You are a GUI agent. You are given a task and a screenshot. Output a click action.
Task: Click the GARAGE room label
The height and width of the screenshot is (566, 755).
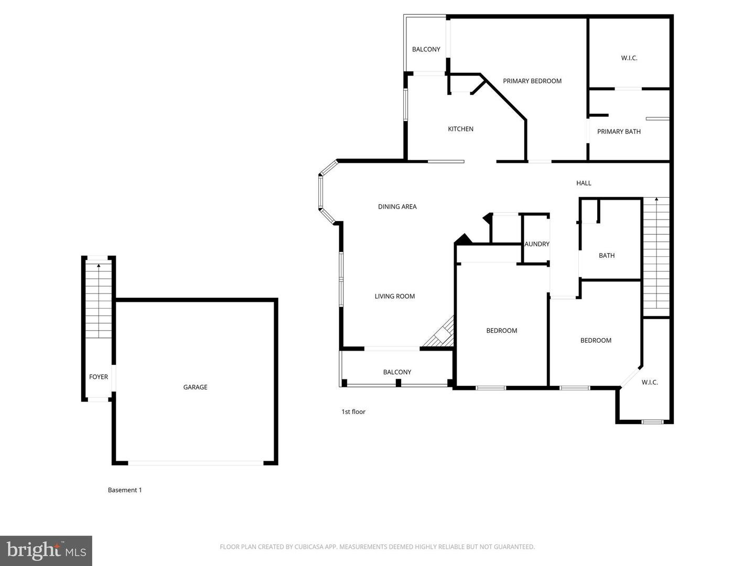(195, 387)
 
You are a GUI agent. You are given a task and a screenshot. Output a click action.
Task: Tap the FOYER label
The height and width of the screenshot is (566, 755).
(99, 377)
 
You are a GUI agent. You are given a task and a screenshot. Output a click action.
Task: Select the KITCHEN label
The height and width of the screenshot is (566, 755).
(460, 129)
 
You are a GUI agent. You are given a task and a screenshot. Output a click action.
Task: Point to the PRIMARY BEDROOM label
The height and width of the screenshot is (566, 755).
(532, 81)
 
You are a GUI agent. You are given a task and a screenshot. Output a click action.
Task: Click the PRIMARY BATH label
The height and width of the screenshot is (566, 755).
(619, 131)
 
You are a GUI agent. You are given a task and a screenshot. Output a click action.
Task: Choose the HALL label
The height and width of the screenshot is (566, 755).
(584, 183)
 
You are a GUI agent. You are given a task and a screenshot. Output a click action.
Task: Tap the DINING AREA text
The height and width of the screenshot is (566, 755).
(397, 206)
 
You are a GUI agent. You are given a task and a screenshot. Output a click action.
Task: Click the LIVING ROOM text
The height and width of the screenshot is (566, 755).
(394, 296)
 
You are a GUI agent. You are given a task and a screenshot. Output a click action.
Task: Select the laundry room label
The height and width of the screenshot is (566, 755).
(536, 244)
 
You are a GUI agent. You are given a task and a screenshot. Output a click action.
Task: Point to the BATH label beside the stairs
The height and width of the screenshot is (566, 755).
(607, 255)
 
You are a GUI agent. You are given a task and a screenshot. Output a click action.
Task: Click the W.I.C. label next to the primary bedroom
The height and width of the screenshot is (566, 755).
(629, 58)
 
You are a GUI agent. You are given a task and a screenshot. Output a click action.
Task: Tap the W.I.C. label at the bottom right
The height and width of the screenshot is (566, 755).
(650, 382)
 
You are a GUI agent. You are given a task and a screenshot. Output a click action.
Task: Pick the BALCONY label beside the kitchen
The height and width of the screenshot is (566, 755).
(426, 49)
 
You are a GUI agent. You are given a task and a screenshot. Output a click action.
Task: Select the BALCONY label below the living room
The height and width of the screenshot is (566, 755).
(397, 372)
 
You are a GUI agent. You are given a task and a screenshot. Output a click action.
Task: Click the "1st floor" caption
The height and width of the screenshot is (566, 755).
(353, 411)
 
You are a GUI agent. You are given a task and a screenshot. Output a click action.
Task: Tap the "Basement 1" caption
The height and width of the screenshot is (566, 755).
(125, 489)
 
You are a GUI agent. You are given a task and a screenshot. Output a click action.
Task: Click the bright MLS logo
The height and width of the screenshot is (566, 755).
(46, 550)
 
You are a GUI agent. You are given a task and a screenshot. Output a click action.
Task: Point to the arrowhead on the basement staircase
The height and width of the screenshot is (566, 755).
(99, 265)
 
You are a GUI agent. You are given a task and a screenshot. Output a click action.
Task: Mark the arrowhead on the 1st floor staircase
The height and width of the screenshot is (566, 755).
(656, 199)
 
